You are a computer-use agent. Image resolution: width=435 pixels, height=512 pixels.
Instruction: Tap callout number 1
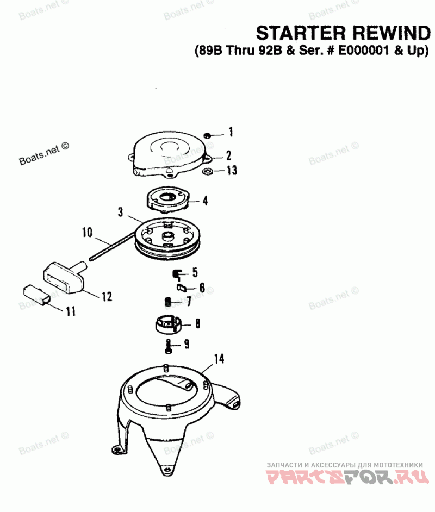coord(231,132)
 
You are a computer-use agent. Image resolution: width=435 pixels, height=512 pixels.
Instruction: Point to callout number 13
coord(232,171)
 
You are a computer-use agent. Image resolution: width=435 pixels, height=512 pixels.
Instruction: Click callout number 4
coord(205,201)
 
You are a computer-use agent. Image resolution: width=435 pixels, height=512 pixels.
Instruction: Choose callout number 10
coord(87,233)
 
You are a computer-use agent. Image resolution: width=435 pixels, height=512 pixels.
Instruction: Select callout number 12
coord(106,297)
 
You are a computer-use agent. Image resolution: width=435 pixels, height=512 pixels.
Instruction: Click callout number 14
coord(219,359)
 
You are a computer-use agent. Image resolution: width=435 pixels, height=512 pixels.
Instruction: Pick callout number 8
coord(197,323)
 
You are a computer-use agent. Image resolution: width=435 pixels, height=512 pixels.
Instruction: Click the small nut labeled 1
coord(208,134)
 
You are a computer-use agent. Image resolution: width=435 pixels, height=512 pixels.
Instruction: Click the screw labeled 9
coord(169,345)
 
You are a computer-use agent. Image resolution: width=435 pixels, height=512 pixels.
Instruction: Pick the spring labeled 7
coord(168,301)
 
